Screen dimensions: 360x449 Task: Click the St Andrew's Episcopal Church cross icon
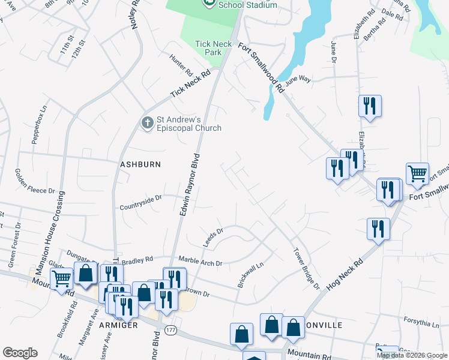147,123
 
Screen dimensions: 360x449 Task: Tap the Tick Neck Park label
209,48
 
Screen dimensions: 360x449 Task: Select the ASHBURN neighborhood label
140,164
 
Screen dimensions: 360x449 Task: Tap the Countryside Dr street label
141,198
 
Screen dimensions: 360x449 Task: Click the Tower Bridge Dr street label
306,269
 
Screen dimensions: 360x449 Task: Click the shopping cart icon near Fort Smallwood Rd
417,173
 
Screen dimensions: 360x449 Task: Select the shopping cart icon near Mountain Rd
61,278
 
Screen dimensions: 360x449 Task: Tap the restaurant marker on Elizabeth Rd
369,106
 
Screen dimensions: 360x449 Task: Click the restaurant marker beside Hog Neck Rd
378,229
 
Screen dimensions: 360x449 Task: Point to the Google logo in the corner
20,353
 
